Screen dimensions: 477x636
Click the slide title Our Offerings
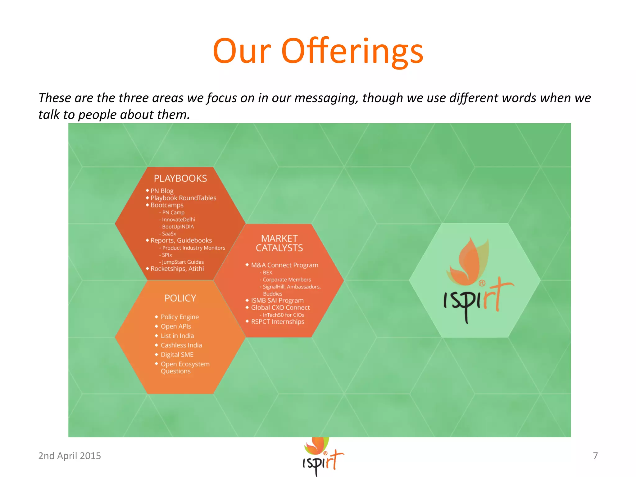pyautogui.click(x=318, y=51)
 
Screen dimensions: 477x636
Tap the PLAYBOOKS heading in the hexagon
pyautogui.click(x=180, y=178)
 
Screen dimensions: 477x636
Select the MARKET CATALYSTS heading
pyautogui.click(x=279, y=243)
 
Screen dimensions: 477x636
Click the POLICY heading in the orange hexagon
pyautogui.click(x=180, y=298)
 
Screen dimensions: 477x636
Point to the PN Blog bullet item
pyautogui.click(x=162, y=191)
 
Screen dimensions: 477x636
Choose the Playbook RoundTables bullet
pyautogui.click(x=183, y=198)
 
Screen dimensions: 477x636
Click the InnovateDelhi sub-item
pyautogui.click(x=178, y=220)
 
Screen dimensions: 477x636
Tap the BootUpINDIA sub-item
pyautogui.click(x=178, y=227)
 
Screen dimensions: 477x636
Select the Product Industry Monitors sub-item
pyautogui.click(x=193, y=248)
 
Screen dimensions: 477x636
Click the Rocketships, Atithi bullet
pyautogui.click(x=177, y=269)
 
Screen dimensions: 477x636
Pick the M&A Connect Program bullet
pyautogui.click(x=284, y=265)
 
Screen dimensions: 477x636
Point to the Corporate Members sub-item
pyautogui.click(x=287, y=279)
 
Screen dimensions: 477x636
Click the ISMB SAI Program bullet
pyautogui.click(x=277, y=300)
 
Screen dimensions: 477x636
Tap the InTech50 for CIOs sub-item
pyautogui.click(x=283, y=315)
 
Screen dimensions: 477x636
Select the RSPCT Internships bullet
pyautogui.click(x=278, y=322)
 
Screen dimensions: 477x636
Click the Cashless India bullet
pyautogui.click(x=181, y=345)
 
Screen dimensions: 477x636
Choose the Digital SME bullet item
pyautogui.click(x=177, y=355)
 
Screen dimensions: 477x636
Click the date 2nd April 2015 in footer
pyautogui.click(x=70, y=456)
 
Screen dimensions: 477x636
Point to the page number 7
pyautogui.click(x=595, y=456)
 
